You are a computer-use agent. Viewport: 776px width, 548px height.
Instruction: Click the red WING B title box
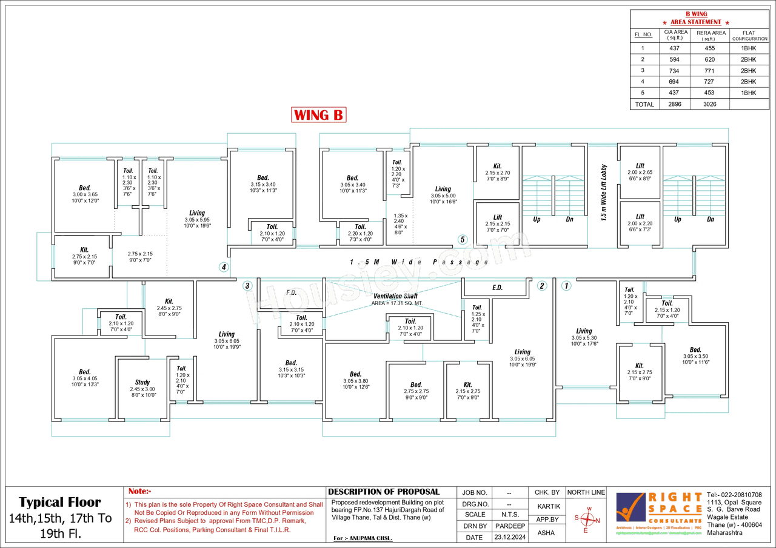click(319, 114)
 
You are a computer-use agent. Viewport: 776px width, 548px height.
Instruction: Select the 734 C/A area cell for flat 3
click(675, 71)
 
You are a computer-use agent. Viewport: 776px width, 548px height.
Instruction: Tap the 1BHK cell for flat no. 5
click(749, 93)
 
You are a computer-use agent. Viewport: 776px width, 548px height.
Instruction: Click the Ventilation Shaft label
click(395, 295)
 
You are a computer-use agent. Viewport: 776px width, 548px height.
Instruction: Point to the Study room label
click(142, 382)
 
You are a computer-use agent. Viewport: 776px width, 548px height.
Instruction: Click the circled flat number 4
click(224, 266)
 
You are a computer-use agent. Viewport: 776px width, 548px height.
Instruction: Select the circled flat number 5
click(463, 239)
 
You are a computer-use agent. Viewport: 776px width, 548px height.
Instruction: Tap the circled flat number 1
click(566, 286)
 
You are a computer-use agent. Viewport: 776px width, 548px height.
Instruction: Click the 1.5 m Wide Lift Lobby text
click(604, 193)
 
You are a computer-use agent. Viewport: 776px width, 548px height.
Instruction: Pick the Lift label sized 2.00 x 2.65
click(640, 165)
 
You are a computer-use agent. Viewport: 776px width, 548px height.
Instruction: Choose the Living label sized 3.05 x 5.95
click(197, 213)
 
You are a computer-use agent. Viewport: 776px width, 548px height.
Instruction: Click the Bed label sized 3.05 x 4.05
click(85, 372)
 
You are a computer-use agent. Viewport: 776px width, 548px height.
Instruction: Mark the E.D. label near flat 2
click(497, 288)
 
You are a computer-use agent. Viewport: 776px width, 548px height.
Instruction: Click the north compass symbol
click(586, 519)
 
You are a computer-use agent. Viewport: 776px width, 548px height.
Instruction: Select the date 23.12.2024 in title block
click(510, 537)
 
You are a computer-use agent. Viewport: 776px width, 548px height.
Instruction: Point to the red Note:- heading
click(140, 492)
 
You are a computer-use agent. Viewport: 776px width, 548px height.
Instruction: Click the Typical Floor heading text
click(60, 502)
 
